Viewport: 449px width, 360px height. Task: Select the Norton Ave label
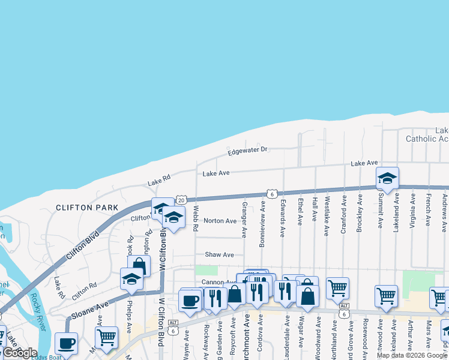pyautogui.click(x=220, y=221)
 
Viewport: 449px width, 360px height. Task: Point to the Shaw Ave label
pyautogui.click(x=219, y=255)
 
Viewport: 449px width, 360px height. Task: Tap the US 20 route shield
pyautogui.click(x=181, y=200)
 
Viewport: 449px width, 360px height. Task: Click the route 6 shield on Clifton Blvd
pyautogui.click(x=272, y=194)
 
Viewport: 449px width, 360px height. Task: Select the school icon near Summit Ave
pyautogui.click(x=387, y=178)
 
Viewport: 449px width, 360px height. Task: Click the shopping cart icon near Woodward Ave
pyautogui.click(x=337, y=288)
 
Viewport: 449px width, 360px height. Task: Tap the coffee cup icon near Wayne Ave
pyautogui.click(x=190, y=300)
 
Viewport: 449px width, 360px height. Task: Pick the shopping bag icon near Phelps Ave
pyautogui.click(x=138, y=266)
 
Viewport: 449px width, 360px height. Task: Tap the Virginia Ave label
pyautogui.click(x=413, y=211)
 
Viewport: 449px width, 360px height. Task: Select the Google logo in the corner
pyautogui.click(x=19, y=353)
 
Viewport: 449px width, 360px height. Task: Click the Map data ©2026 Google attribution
pyautogui.click(x=412, y=355)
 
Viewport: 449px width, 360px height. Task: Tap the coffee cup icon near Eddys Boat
pyautogui.click(x=66, y=343)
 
